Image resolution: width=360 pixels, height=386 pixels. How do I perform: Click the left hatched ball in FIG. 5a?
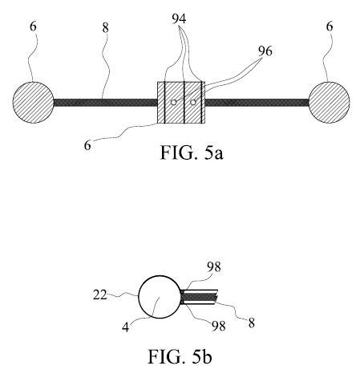click(33, 103)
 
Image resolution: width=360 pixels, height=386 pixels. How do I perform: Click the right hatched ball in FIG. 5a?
click(329, 103)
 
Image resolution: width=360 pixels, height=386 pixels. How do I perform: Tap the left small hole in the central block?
click(173, 102)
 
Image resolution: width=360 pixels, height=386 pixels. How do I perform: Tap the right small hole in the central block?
click(193, 102)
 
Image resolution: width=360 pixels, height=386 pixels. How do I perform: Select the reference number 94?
click(179, 18)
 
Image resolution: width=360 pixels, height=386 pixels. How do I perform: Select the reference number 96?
click(265, 51)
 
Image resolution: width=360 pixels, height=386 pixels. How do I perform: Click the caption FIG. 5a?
click(192, 152)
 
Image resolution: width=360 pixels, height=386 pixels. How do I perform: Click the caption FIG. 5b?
click(180, 356)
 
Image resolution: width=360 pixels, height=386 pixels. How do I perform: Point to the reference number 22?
click(100, 295)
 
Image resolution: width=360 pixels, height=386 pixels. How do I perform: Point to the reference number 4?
click(125, 327)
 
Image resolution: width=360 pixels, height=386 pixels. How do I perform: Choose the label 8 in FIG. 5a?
click(106, 28)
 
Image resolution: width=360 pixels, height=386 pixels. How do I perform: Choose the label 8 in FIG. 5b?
click(252, 323)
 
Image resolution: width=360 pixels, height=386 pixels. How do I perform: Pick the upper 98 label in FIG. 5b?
click(214, 267)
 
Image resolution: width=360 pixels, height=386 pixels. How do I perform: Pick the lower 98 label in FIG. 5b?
click(219, 326)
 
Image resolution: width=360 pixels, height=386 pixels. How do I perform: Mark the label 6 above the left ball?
click(33, 26)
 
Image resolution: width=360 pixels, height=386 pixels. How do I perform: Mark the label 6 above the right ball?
click(330, 26)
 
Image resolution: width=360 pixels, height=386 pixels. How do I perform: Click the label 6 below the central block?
click(87, 145)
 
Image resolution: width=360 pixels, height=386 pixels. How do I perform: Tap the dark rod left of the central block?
click(106, 103)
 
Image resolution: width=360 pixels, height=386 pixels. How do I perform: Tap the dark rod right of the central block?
click(257, 103)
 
